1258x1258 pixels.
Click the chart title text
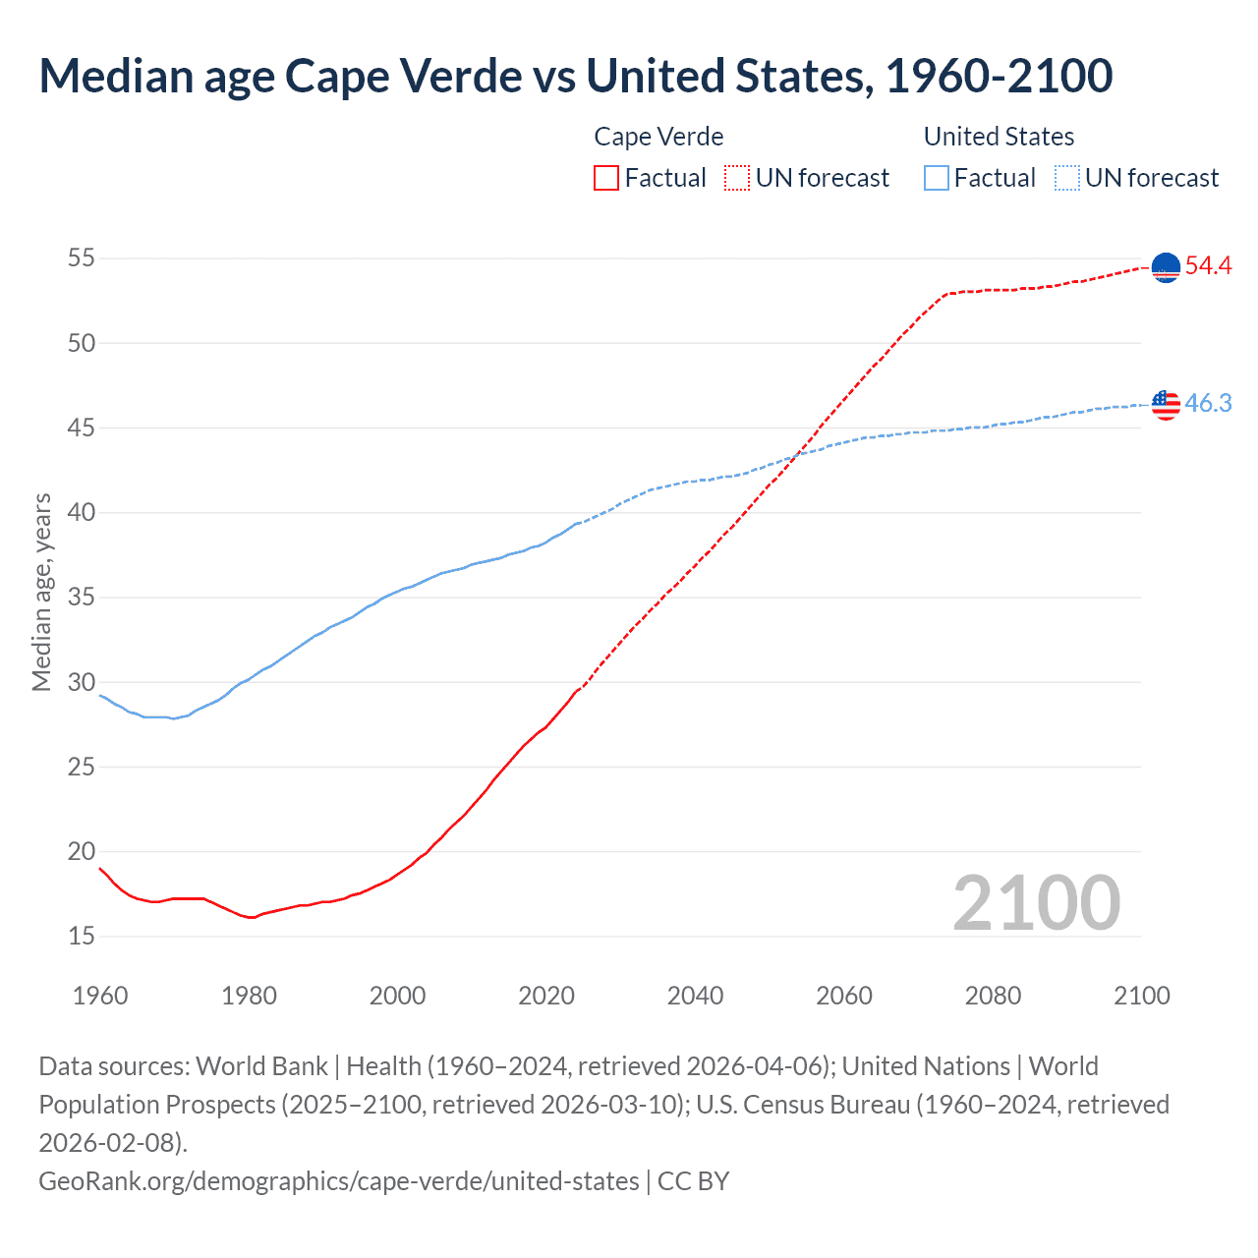pyautogui.click(x=575, y=77)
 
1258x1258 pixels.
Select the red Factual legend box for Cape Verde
pyautogui.click(x=606, y=178)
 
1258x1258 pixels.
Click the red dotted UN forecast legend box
pyautogui.click(x=737, y=178)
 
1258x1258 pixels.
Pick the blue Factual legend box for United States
pyautogui.click(x=937, y=178)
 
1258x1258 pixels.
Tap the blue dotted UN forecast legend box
pyautogui.click(x=1066, y=178)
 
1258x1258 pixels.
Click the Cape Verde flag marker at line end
pyautogui.click(x=1165, y=267)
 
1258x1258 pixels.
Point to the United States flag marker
pyautogui.click(x=1165, y=404)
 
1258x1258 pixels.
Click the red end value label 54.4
pyautogui.click(x=1208, y=265)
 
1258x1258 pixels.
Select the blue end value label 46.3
pyautogui.click(x=1208, y=403)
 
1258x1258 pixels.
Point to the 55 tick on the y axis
pyautogui.click(x=82, y=258)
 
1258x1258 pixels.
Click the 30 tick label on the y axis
pyautogui.click(x=82, y=682)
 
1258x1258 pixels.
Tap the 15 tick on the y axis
pyautogui.click(x=82, y=936)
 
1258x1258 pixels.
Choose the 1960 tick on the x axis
pyautogui.click(x=100, y=996)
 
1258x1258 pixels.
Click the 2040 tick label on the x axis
pyautogui.click(x=695, y=996)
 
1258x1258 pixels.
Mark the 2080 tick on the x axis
pyautogui.click(x=993, y=996)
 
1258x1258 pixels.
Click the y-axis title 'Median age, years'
pyautogui.click(x=41, y=593)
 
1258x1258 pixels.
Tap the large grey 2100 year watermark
pyautogui.click(x=1036, y=903)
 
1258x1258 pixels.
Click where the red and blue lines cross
pyautogui.click(x=793, y=455)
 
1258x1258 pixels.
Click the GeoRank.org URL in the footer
pyautogui.click(x=339, y=1180)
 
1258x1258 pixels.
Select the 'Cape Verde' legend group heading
pyautogui.click(x=658, y=137)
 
